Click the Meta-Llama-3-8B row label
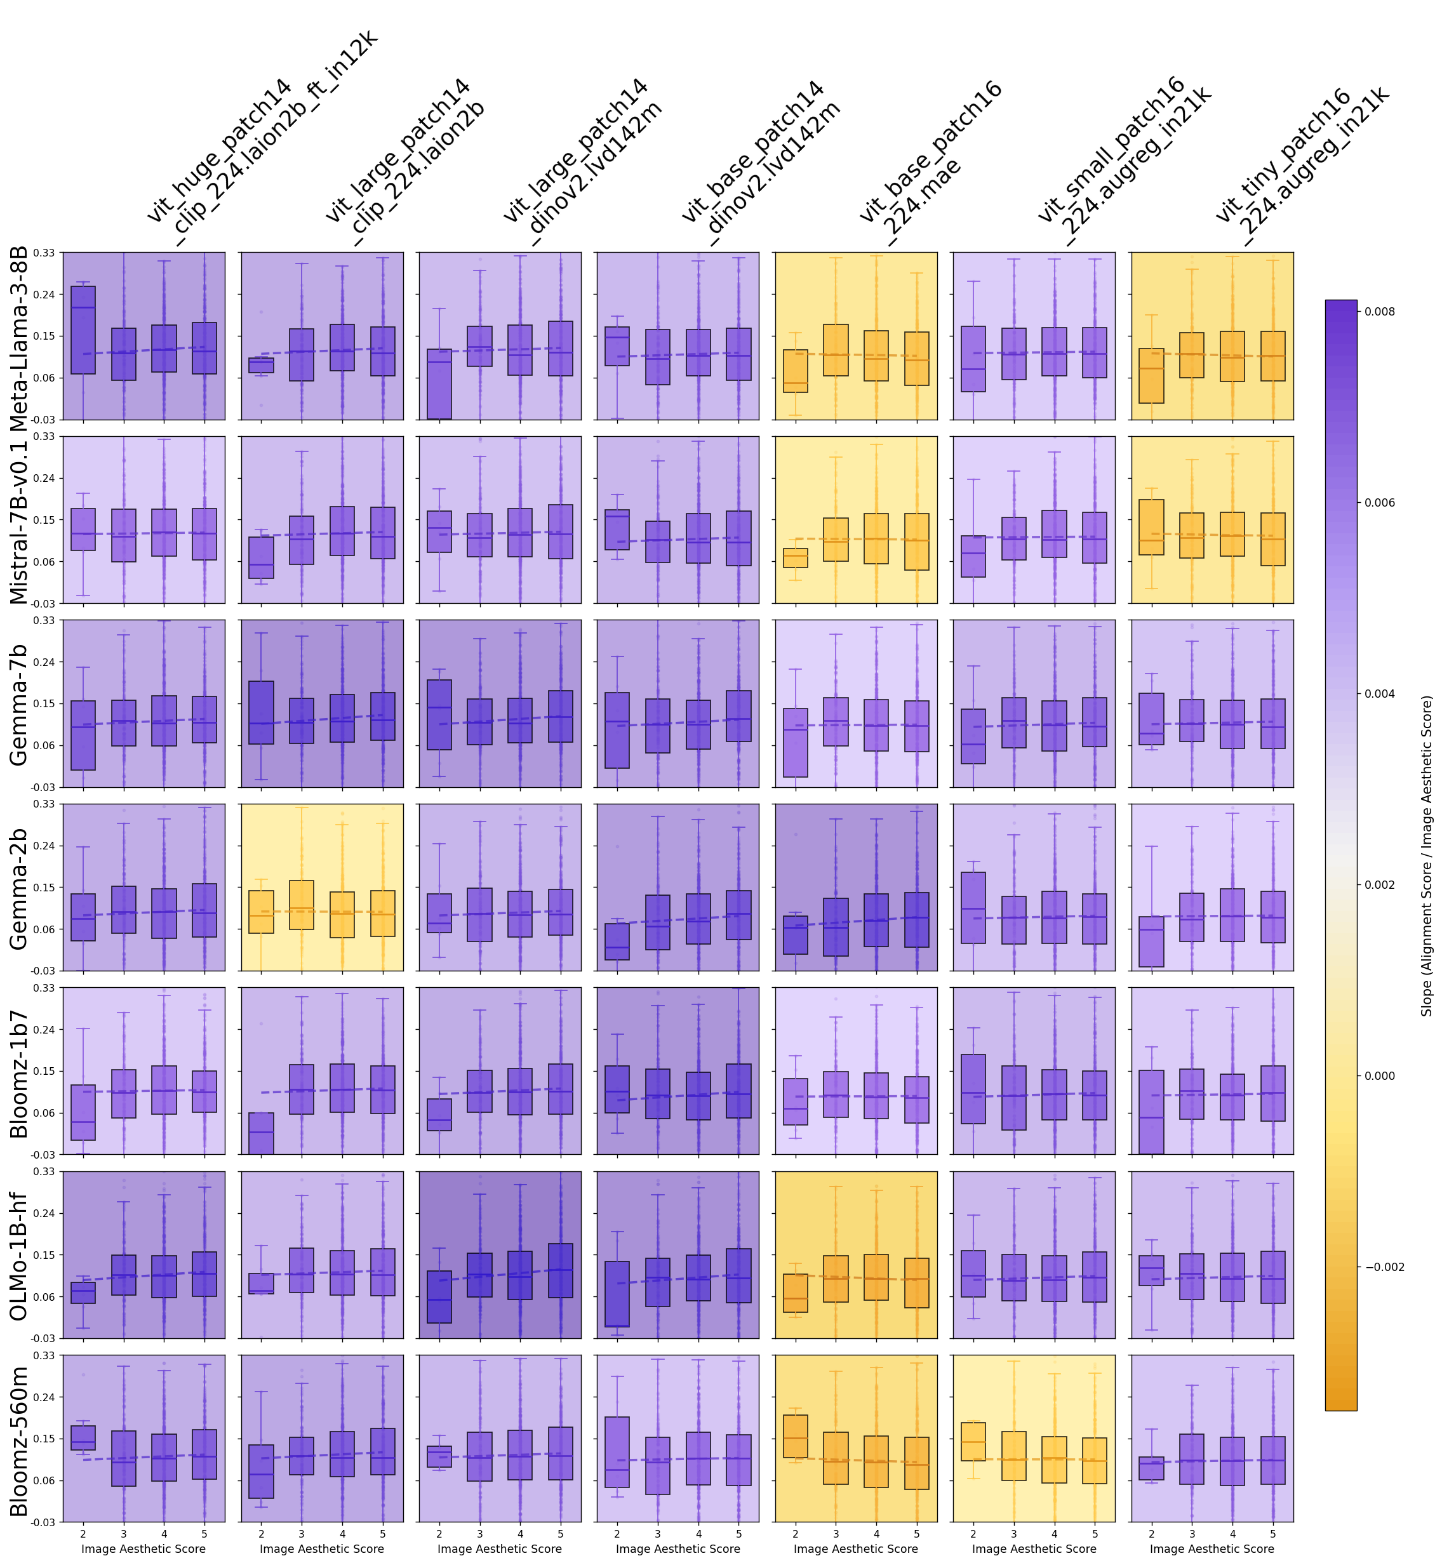coord(18,338)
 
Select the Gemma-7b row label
coord(18,704)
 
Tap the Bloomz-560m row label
coord(18,1440)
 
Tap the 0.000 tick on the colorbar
coord(1380,1076)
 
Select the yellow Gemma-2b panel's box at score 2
coord(262,912)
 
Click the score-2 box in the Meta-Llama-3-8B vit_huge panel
coord(83,329)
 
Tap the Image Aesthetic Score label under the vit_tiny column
coord(1211,1548)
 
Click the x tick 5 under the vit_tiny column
coord(1272,1533)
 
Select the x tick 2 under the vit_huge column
coord(83,1533)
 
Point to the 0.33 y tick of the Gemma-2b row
coord(44,804)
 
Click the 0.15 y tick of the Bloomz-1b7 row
coord(44,1072)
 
